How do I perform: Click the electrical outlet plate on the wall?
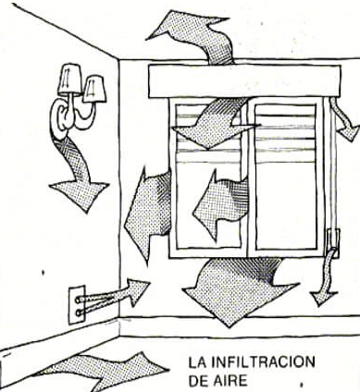[77, 302]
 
